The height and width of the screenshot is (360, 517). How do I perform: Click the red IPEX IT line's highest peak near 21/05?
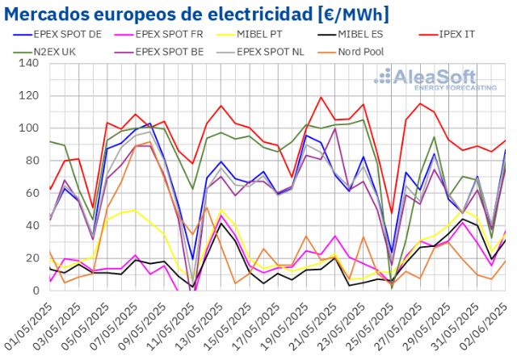coord(322,98)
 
